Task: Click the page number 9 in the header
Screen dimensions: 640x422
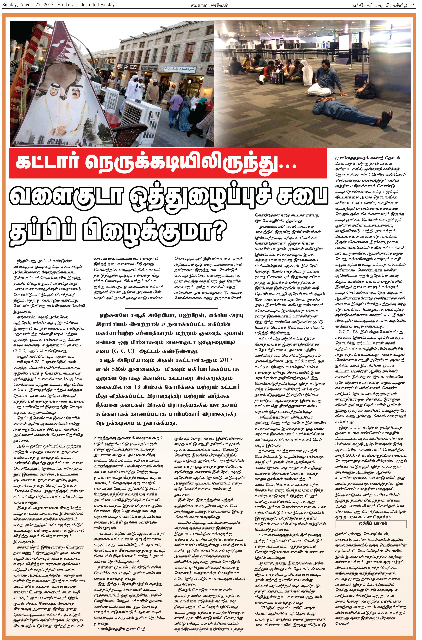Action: click(412, 5)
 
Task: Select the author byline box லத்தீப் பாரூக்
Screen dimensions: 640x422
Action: click(370, 524)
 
